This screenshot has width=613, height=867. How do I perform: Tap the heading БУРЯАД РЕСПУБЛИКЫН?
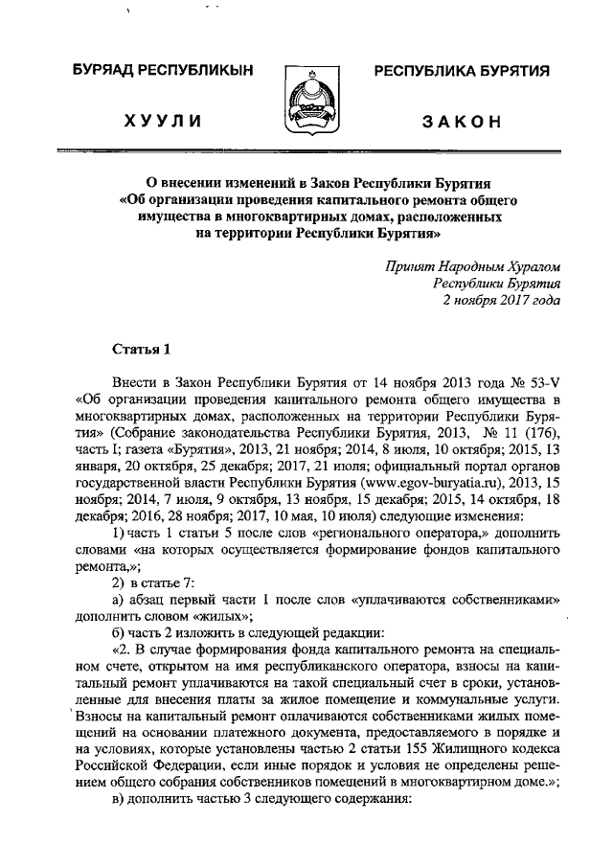coord(159,73)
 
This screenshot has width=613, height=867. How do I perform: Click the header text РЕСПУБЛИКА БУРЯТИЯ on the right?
coord(461,73)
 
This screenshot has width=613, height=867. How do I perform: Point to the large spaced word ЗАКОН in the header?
coord(462,123)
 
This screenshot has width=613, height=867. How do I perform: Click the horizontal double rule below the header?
coord(306,151)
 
